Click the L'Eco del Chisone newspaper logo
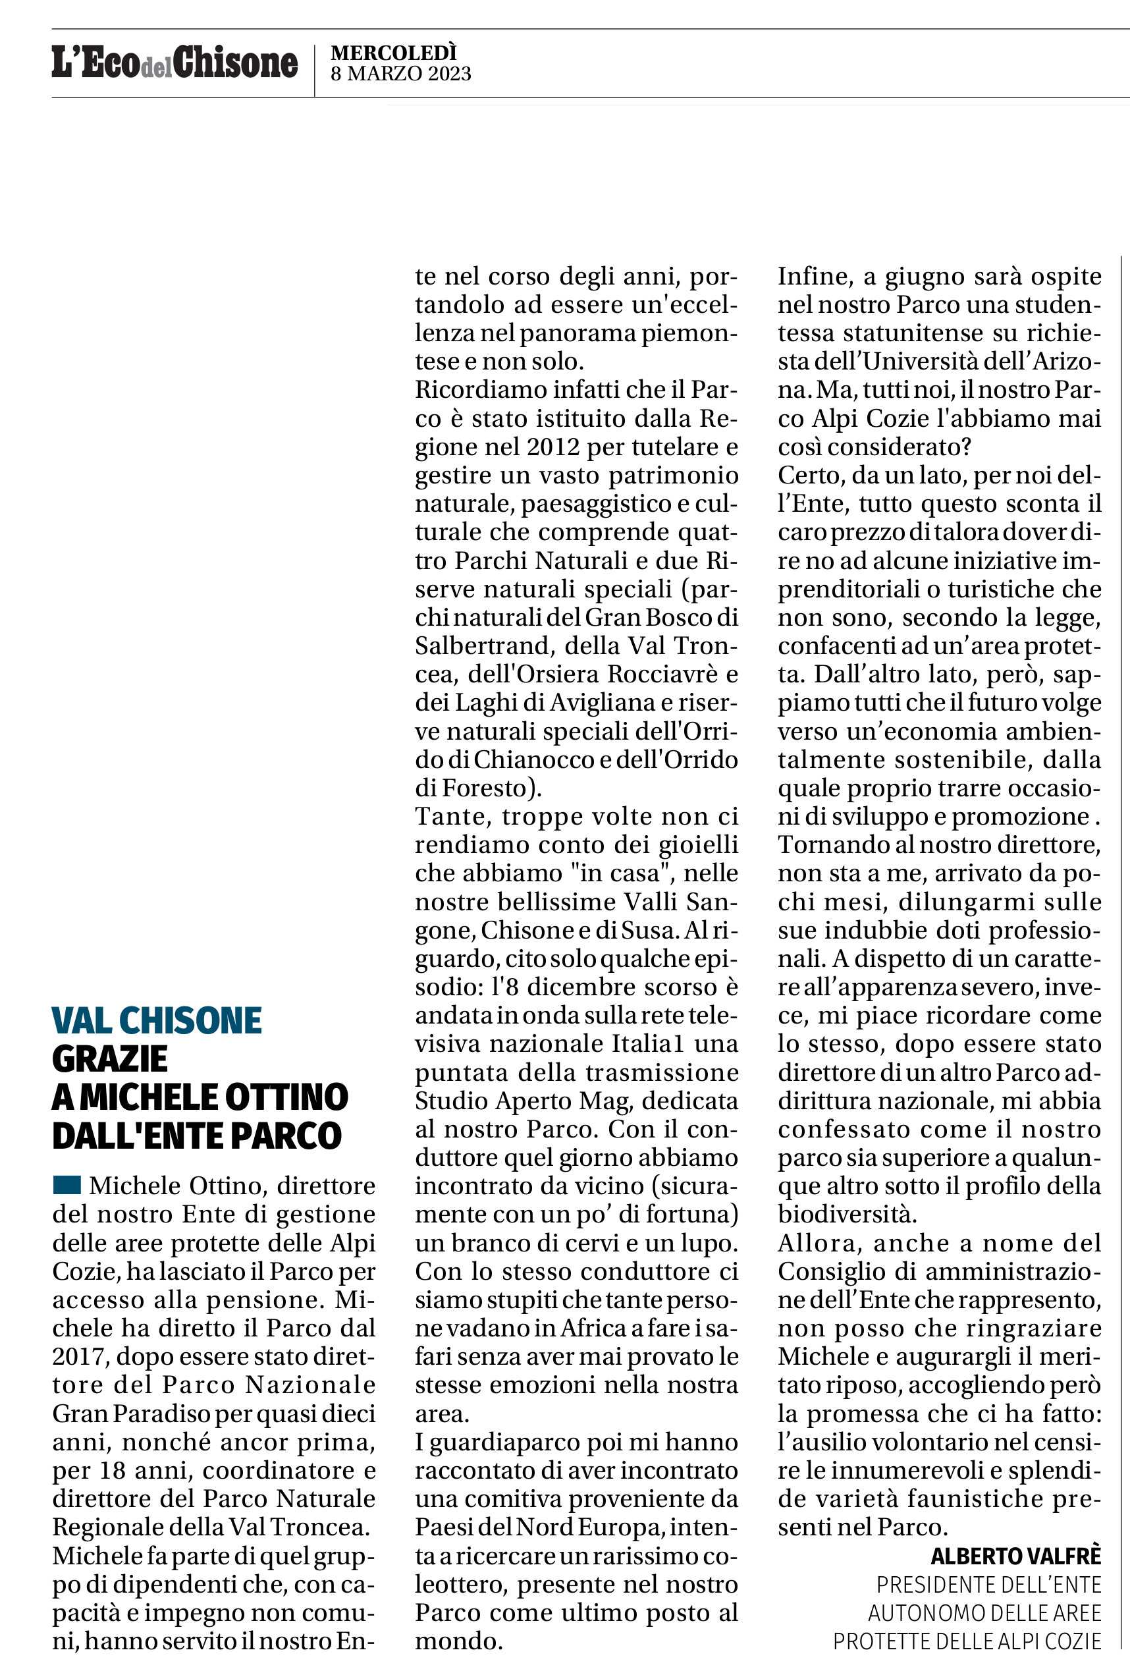pyautogui.click(x=175, y=62)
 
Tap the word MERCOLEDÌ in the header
pyautogui.click(x=394, y=53)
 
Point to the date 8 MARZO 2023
pyautogui.click(x=401, y=73)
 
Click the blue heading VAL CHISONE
pyautogui.click(x=157, y=1021)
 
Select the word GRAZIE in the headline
pyautogui.click(x=110, y=1059)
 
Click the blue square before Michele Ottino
pyautogui.click(x=67, y=1185)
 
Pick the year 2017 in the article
pyautogui.click(x=80, y=1357)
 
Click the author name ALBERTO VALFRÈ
pyautogui.click(x=1015, y=1556)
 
